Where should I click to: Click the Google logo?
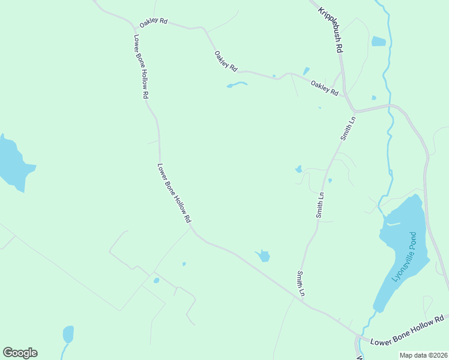click(20, 353)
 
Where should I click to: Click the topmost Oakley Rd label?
click(153, 23)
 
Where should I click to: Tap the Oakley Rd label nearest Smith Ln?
click(325, 88)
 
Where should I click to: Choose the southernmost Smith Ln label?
click(301, 284)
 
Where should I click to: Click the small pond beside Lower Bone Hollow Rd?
click(263, 257)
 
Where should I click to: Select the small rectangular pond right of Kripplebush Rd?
click(378, 41)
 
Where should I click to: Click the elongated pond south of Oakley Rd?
click(237, 85)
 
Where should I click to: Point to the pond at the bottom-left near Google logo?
click(68, 334)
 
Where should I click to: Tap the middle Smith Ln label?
click(321, 204)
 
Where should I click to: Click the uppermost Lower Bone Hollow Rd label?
click(141, 66)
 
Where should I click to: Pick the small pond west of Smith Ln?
click(298, 169)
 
